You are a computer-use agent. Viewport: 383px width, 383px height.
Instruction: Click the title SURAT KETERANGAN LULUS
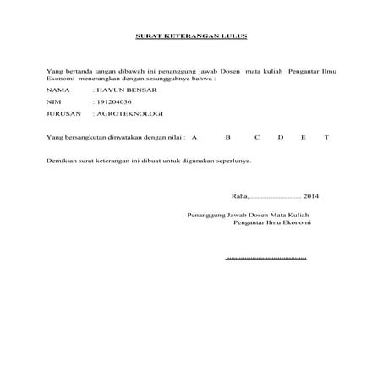point(191,36)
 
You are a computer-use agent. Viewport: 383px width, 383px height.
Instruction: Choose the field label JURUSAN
point(63,112)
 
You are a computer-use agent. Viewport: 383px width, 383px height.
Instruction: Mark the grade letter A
point(194,136)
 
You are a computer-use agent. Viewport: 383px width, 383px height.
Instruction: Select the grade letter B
point(226,136)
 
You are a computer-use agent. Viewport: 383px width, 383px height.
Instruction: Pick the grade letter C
point(257,136)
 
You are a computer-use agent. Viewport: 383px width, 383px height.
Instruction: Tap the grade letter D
point(280,136)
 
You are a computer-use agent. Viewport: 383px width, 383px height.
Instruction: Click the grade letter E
point(302,136)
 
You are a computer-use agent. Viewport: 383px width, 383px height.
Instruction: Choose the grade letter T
point(326,136)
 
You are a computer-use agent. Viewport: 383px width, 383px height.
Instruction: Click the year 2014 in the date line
point(310,196)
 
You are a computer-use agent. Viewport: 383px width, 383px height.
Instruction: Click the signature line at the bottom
point(265,256)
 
